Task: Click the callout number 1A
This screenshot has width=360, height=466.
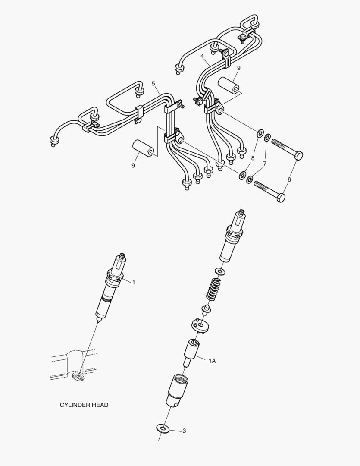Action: pos(212,361)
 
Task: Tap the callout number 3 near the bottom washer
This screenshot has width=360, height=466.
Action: pos(184,431)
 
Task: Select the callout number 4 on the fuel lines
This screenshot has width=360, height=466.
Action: pos(202,56)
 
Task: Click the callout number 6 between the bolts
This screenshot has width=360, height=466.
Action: pos(289,179)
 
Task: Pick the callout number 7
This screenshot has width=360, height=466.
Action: pos(265,164)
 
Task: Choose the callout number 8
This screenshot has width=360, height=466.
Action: pos(253,158)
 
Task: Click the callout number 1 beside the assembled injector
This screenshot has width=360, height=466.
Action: pos(133,282)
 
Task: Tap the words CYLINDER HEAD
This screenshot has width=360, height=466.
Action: pos(84,405)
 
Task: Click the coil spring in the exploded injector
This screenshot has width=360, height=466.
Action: pos(212,289)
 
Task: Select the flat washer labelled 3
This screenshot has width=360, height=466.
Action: pos(163,428)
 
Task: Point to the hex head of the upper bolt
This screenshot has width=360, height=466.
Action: pos(297,155)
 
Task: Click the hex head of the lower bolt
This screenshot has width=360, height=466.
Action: pos(280,198)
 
